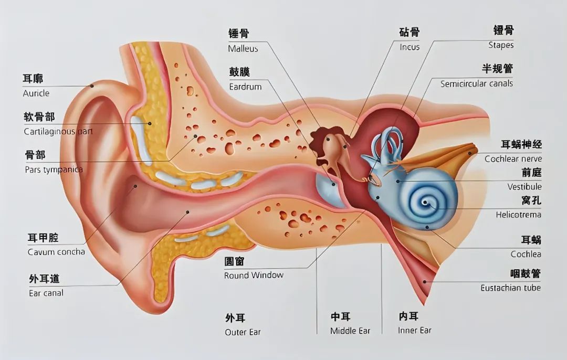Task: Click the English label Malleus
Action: coord(243,49)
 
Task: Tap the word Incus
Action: coord(409,47)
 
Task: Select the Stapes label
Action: coord(501,45)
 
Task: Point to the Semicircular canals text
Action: coord(477,84)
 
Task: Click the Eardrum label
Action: coord(245,87)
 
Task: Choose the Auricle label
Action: coord(36,93)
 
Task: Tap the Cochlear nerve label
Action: coord(513,158)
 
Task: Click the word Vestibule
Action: coord(524,187)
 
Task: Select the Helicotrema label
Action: coord(519,215)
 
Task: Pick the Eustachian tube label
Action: coord(511,288)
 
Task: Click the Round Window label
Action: coord(254,276)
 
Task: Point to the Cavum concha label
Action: coord(56,252)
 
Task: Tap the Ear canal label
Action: coord(46,293)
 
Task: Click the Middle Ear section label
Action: coord(350,331)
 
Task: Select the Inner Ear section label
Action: coord(415,331)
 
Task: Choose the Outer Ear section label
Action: coord(243,332)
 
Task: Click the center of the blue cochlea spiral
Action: coord(426,203)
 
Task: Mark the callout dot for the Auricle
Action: coord(92,86)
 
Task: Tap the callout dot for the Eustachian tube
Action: coord(425,282)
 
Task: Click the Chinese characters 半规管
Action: coord(497,68)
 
